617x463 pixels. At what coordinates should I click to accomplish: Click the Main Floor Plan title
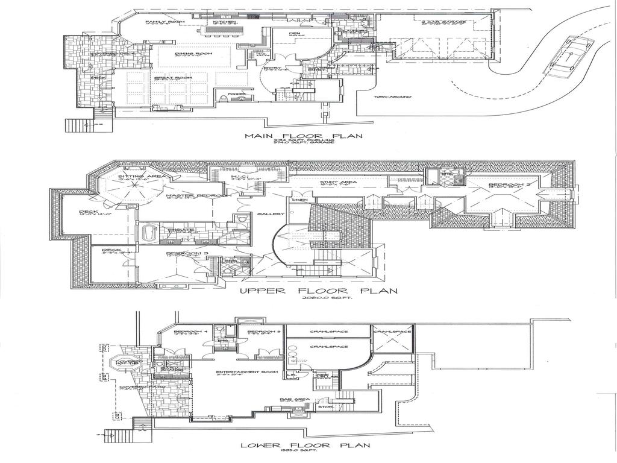304,136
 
